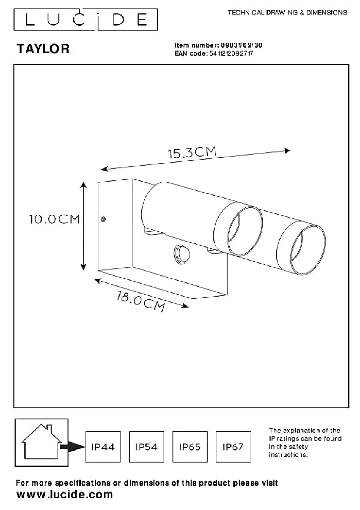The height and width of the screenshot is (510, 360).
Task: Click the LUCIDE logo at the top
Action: coord(86,20)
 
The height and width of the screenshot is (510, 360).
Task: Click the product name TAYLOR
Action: coord(43,49)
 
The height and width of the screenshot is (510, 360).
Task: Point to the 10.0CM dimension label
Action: coord(55,219)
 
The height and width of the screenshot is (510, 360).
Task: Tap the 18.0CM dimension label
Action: coord(141,301)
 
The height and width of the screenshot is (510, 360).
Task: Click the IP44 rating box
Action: coord(103,447)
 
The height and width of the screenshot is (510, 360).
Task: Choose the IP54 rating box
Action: coord(147,447)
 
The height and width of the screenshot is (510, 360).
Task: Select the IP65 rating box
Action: coord(190,447)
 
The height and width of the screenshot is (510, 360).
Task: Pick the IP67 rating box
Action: coord(233,447)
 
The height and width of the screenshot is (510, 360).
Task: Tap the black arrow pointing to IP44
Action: coord(73,447)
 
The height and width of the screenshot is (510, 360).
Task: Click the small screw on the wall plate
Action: coord(103,219)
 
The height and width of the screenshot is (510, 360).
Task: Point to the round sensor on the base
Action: coord(182,254)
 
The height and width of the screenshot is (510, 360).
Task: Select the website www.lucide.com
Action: coord(65,494)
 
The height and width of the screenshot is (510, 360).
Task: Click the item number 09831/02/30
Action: coord(241,45)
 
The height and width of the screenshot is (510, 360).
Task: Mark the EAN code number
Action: coord(231,53)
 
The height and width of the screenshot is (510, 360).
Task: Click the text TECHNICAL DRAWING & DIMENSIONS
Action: coord(287,13)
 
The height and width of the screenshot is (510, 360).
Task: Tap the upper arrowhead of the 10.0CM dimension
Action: coord(84,185)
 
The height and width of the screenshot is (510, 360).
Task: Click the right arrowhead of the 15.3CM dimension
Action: coord(287,150)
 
